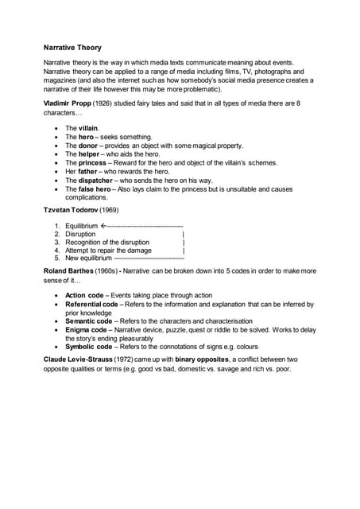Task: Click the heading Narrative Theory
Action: pyautogui.click(x=72, y=48)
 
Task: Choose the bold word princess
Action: pyautogui.click(x=95, y=163)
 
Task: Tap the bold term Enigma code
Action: pyautogui.click(x=86, y=329)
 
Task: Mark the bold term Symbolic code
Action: pyautogui.click(x=89, y=347)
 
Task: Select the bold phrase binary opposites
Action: pyautogui.click(x=211, y=360)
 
